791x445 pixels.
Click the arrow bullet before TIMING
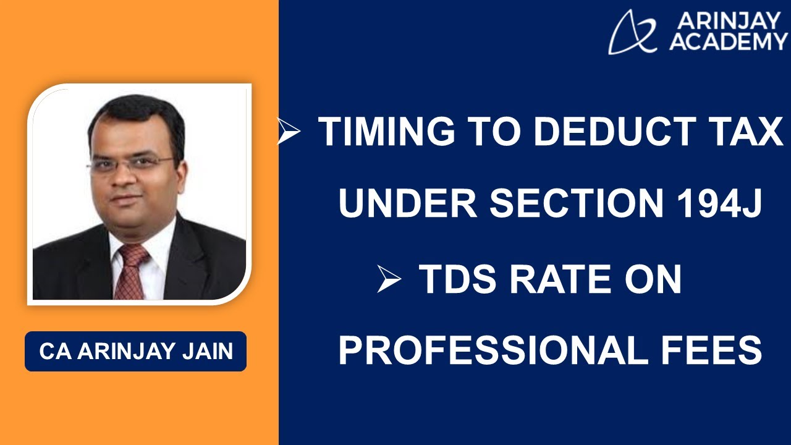289,132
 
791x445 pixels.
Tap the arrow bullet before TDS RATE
389,280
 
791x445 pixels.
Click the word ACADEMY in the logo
727,42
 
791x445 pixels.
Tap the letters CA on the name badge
53,351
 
